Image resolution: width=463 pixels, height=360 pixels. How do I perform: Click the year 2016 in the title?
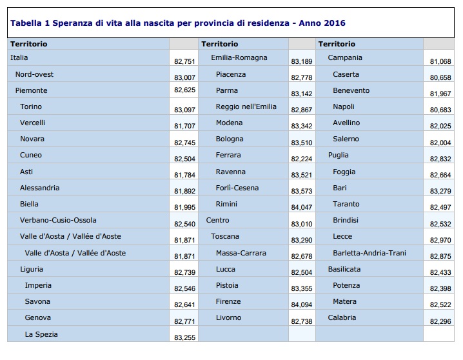pos(335,23)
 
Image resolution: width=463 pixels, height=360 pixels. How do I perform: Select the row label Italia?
pos(19,57)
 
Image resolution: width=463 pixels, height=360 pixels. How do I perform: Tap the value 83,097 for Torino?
pos(184,110)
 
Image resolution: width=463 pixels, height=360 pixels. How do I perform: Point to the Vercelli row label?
pos(32,123)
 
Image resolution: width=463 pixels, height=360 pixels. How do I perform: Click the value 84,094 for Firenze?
pos(302,305)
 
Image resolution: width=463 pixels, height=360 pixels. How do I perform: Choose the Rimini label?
pos(226,204)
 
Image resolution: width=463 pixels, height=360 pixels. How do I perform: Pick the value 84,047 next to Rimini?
pos(302,207)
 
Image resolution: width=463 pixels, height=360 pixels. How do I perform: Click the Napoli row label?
pos(344,106)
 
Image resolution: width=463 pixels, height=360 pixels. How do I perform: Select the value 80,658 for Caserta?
pos(440,77)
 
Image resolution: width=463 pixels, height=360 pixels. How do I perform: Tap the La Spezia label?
pos(41,334)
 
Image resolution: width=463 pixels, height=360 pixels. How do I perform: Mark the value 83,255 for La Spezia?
pos(184,337)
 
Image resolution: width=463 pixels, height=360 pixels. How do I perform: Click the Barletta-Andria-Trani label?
pos(369,253)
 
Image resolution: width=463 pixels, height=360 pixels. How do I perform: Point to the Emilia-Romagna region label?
pos(239,57)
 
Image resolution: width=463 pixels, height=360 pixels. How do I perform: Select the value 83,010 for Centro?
pos(302,224)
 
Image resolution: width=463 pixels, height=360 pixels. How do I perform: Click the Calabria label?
pos(342,317)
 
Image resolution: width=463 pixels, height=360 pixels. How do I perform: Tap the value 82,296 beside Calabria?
pos(440,321)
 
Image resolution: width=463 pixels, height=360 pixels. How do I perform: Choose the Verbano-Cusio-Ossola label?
pos(58,220)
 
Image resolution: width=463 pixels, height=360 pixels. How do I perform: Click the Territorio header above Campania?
pos(337,44)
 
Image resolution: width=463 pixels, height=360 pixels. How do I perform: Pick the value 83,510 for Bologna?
pos(302,143)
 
